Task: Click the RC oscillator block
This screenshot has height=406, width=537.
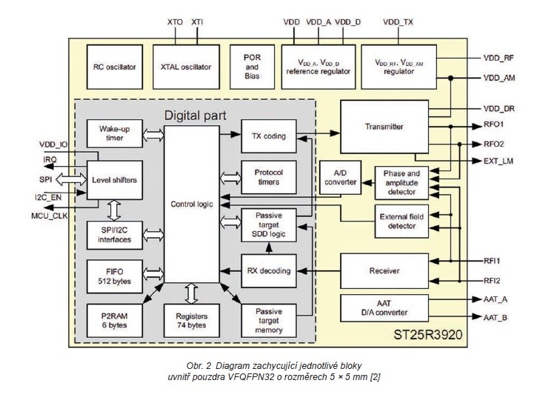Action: (115, 67)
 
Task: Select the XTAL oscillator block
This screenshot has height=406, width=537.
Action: (186, 67)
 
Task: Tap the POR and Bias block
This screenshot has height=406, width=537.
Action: (252, 67)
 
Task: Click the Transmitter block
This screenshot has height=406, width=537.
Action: (384, 127)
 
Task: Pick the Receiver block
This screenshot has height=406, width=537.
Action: (384, 270)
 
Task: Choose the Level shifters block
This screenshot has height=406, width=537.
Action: (115, 180)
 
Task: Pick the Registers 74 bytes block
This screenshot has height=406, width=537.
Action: (192, 321)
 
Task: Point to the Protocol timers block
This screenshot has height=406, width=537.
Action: (268, 178)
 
